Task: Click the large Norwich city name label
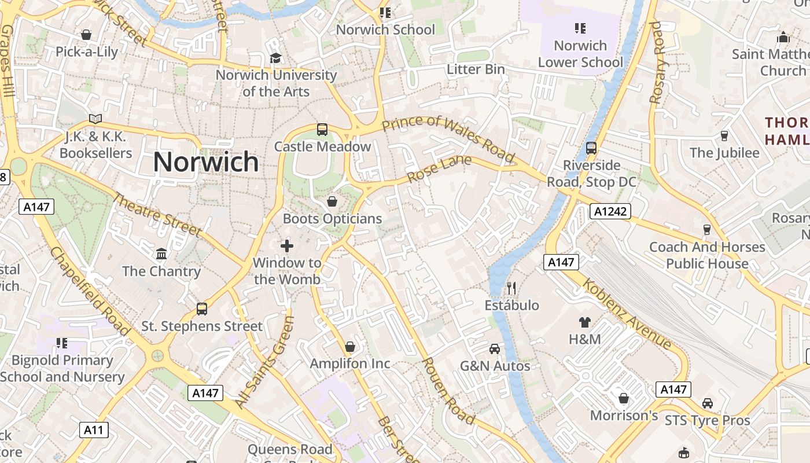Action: coord(206,161)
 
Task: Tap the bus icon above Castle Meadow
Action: coord(322,130)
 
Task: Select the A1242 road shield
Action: coord(610,211)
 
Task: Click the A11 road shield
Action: coord(93,429)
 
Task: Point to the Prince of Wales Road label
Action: coord(448,139)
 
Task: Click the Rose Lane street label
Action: coord(439,169)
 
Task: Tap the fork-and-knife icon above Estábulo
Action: coord(511,288)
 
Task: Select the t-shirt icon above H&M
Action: coord(584,322)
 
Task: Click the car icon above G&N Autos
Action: coord(495,348)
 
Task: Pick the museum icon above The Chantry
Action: coord(161,254)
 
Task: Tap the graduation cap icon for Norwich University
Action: coord(276,58)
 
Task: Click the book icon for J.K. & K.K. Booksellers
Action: coord(95,119)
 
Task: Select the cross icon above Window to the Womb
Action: coord(287,246)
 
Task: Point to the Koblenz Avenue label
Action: coord(628,314)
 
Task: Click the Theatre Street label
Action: coord(156,215)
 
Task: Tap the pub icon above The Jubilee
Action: coord(724,136)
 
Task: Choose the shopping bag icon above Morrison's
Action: coord(624,398)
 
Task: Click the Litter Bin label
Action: coord(476,69)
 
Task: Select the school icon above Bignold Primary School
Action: coord(62,343)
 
